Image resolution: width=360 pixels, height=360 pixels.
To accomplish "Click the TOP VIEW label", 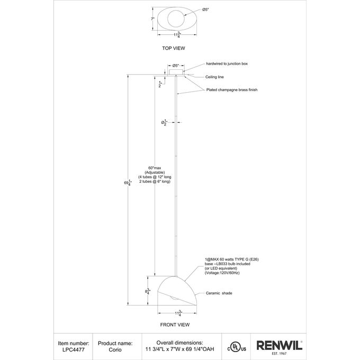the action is [173, 48].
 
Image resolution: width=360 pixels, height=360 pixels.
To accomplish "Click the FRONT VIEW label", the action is [175, 325].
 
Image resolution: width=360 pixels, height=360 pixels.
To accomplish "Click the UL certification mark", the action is [237, 349].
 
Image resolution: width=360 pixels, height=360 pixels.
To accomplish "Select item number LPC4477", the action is [74, 349].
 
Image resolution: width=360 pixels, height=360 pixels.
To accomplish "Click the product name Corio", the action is [115, 349].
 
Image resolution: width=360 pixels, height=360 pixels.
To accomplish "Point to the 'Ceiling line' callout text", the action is [214, 77].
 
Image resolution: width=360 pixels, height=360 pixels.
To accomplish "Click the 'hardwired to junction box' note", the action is [227, 64].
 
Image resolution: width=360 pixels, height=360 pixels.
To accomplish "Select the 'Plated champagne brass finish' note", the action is [232, 90].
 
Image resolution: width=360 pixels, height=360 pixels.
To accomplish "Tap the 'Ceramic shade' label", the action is [219, 293].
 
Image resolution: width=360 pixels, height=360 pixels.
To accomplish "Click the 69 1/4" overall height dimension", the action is [128, 183].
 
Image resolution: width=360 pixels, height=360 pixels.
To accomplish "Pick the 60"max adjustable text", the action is [155, 175].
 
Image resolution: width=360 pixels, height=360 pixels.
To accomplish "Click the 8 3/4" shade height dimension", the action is [147, 292].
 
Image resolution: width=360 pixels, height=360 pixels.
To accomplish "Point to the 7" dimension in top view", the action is [152, 19].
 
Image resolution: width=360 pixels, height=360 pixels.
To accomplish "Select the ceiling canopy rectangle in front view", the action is [176, 72].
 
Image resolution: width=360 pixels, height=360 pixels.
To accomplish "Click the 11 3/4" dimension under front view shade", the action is [178, 313].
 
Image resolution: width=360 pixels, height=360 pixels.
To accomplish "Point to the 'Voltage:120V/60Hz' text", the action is [222, 273].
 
